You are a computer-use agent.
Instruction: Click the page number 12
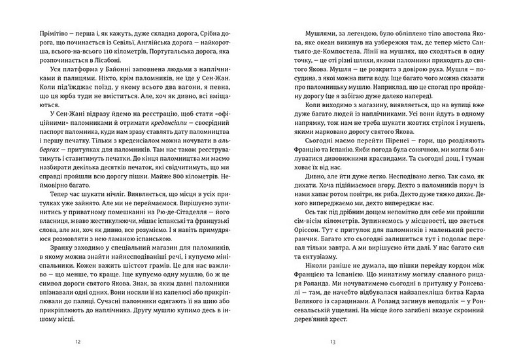pyautogui.click(x=78, y=341)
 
